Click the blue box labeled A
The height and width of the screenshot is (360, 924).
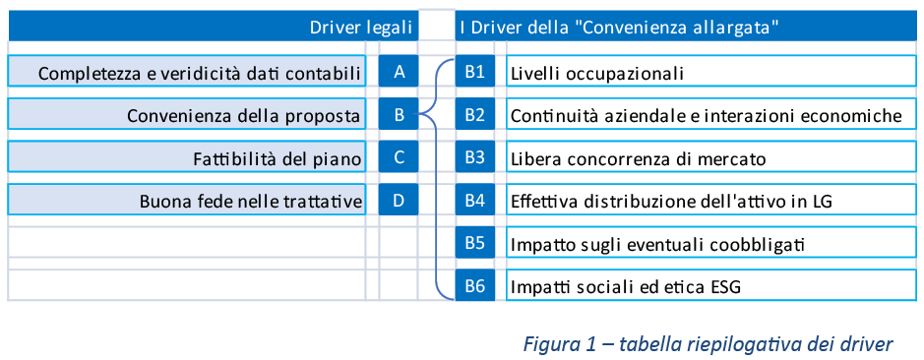coord(399,71)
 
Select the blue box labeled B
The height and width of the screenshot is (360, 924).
coord(399,114)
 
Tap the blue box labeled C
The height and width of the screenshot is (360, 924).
coord(399,157)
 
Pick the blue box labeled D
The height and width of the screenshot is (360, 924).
coord(399,200)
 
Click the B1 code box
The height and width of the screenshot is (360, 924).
coord(475,71)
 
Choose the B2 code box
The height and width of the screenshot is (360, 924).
coord(475,114)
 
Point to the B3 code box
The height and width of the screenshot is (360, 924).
coord(475,157)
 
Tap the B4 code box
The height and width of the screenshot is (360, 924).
coord(475,200)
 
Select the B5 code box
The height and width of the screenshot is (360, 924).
coord(475,243)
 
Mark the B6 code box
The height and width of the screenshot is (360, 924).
coord(475,286)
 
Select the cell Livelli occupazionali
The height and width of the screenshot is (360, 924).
coord(710,71)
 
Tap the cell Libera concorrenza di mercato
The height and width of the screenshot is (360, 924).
coord(710,157)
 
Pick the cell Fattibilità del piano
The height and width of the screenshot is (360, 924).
coord(187,157)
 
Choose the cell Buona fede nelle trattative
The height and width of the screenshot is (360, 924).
coord(187,200)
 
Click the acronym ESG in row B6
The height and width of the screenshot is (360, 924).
coord(723,287)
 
